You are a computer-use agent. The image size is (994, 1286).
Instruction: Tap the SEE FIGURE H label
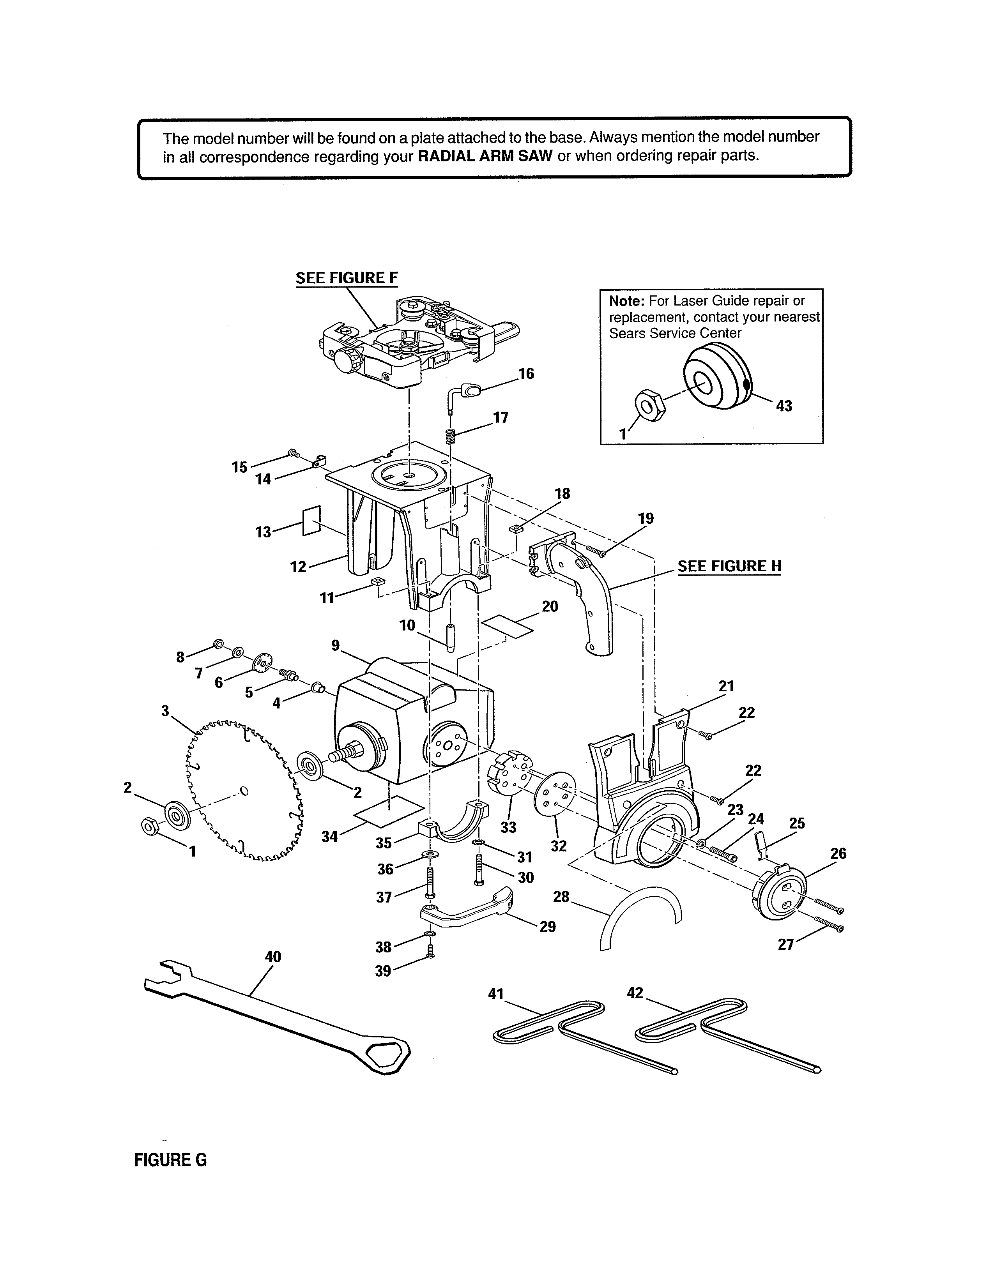[x=730, y=567]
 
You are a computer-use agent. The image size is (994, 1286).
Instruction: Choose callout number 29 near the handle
[x=548, y=927]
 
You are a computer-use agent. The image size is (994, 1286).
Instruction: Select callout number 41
[x=496, y=995]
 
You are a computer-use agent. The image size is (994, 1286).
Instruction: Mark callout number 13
[x=263, y=532]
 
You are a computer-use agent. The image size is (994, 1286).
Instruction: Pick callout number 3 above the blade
[x=165, y=711]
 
